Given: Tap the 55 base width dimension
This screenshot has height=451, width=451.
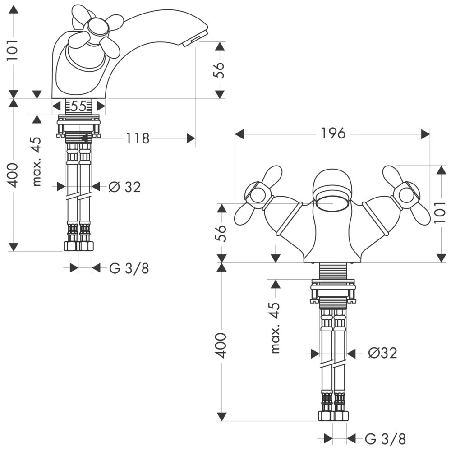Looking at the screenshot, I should pyautogui.click(x=78, y=106).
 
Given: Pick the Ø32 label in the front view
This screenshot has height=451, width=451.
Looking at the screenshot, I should pyautogui.click(x=382, y=353).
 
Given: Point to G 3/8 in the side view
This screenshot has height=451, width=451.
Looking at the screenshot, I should pyautogui.click(x=129, y=268).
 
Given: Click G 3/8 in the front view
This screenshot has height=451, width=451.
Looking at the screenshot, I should pyautogui.click(x=385, y=438).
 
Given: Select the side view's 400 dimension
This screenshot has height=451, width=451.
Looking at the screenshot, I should pyautogui.click(x=14, y=175).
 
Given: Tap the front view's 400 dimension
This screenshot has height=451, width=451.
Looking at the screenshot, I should pyautogui.click(x=221, y=346).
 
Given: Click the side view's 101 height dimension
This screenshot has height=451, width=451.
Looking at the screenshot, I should pyautogui.click(x=14, y=51).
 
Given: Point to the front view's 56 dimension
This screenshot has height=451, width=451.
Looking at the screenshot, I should pyautogui.click(x=221, y=233).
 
